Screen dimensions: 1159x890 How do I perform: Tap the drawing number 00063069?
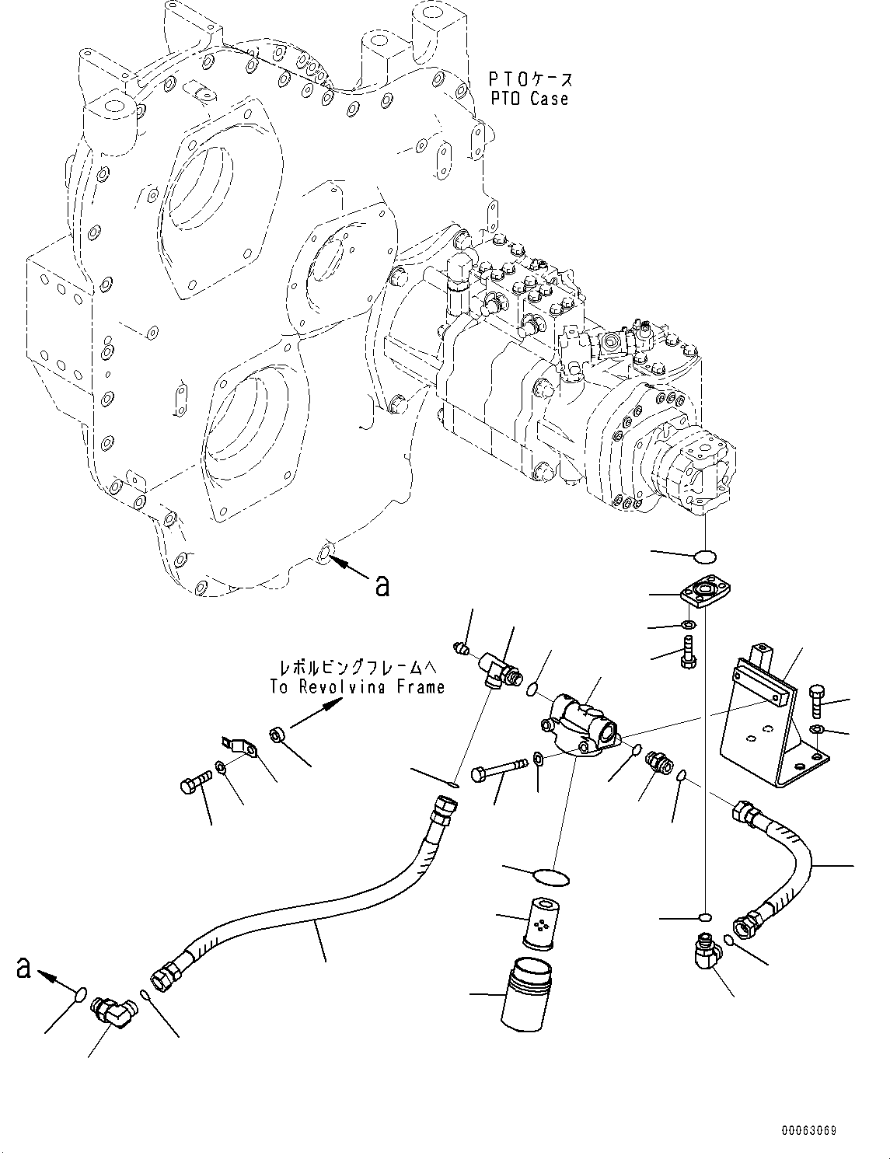(808, 1131)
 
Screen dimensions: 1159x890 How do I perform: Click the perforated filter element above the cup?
(538, 923)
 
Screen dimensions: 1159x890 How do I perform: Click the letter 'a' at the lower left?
(24, 968)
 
